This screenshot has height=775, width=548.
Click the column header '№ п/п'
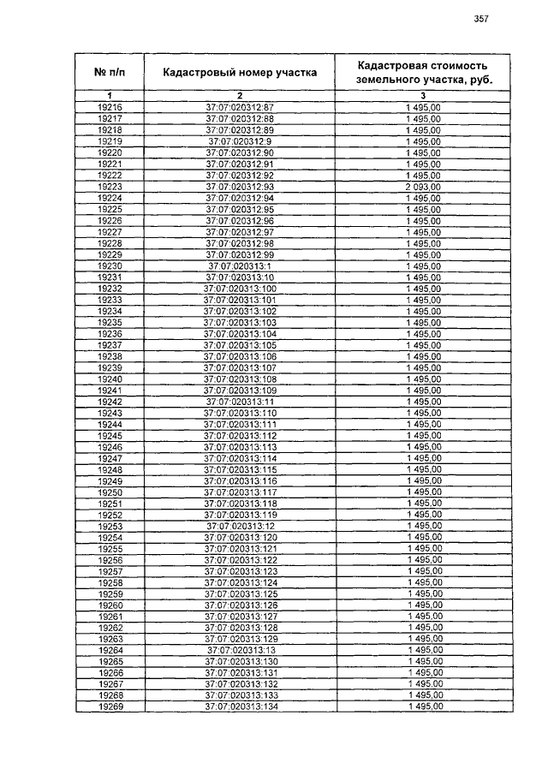point(110,73)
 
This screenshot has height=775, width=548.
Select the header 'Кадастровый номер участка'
point(240,73)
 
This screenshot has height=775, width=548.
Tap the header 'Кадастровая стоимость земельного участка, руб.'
point(423,72)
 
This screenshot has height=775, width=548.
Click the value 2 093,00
point(423,187)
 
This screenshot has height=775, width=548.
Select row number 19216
point(110,107)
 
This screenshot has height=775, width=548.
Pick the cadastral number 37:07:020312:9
point(240,141)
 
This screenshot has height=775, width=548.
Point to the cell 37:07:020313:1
point(240,266)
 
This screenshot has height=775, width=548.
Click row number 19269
point(110,707)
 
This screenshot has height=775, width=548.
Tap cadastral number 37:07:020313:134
point(240,707)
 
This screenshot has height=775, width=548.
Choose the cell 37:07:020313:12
point(240,526)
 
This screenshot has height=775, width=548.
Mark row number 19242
point(110,402)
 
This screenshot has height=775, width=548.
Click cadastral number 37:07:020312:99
point(240,254)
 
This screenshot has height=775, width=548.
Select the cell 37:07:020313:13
point(240,650)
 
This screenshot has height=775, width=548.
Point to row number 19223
point(110,187)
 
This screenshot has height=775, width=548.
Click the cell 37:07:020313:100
point(240,289)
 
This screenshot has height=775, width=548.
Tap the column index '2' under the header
point(240,94)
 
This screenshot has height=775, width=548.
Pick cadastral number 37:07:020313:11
point(240,402)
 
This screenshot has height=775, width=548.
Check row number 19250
point(110,492)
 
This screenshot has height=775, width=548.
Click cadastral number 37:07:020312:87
point(240,107)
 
